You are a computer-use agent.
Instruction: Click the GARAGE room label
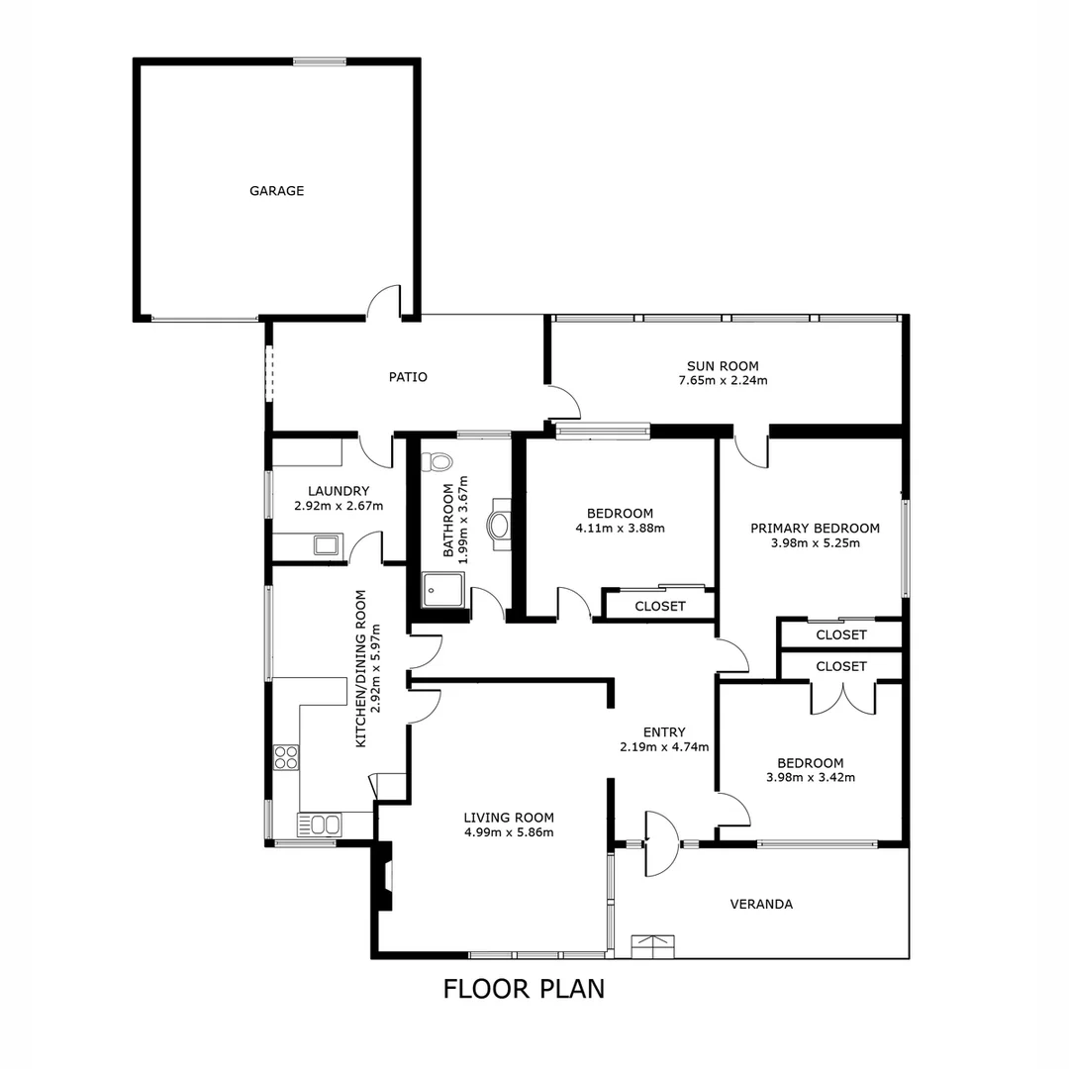point(276,191)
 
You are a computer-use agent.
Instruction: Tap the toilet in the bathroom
point(437,462)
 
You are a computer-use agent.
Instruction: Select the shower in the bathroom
point(441,590)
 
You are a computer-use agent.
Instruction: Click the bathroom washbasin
point(500,526)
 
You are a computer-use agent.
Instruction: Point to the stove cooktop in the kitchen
point(286,757)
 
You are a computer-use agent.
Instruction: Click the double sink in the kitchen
point(319,824)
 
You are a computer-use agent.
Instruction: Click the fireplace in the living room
point(383,876)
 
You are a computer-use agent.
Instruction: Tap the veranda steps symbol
point(653,945)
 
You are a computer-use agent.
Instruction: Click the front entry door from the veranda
point(661,843)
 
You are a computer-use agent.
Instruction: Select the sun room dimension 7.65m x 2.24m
point(723,380)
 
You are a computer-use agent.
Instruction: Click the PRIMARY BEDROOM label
point(815,528)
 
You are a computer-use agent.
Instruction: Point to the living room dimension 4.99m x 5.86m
point(509,832)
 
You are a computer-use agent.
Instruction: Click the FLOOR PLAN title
point(524,988)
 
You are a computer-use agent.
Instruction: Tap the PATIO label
point(408,377)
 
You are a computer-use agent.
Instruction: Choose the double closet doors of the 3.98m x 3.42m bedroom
point(842,698)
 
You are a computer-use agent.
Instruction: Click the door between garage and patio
point(384,303)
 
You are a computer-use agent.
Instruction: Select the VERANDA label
point(761,904)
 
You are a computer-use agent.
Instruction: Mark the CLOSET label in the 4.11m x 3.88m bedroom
point(660,606)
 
